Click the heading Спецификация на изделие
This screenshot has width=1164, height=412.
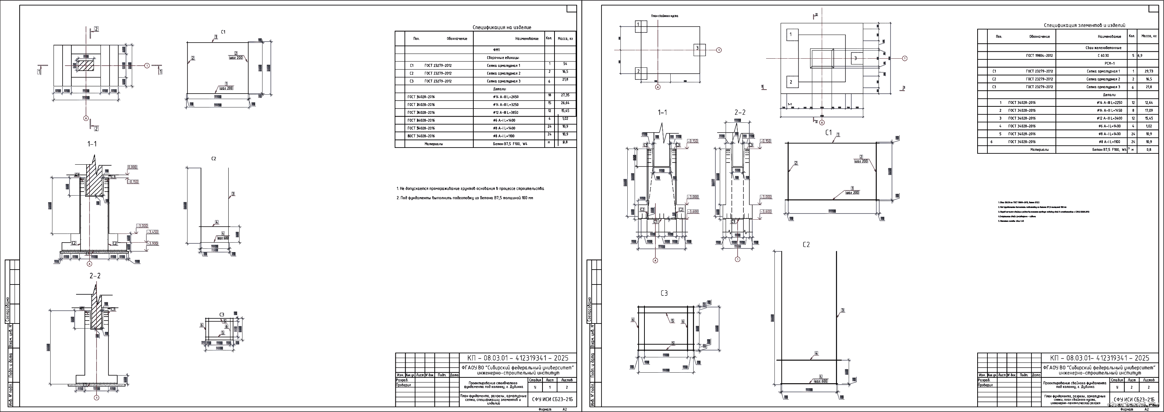(x=502, y=28)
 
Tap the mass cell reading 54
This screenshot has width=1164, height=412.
(x=565, y=64)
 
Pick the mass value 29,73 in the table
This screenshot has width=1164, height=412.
(x=1149, y=71)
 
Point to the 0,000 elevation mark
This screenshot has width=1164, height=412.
(x=133, y=167)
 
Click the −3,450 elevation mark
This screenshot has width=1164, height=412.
(x=153, y=232)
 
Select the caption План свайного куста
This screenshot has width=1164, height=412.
(x=664, y=16)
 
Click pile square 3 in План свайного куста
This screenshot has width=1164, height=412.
(x=699, y=48)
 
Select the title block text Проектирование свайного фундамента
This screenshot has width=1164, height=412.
(x=1074, y=385)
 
